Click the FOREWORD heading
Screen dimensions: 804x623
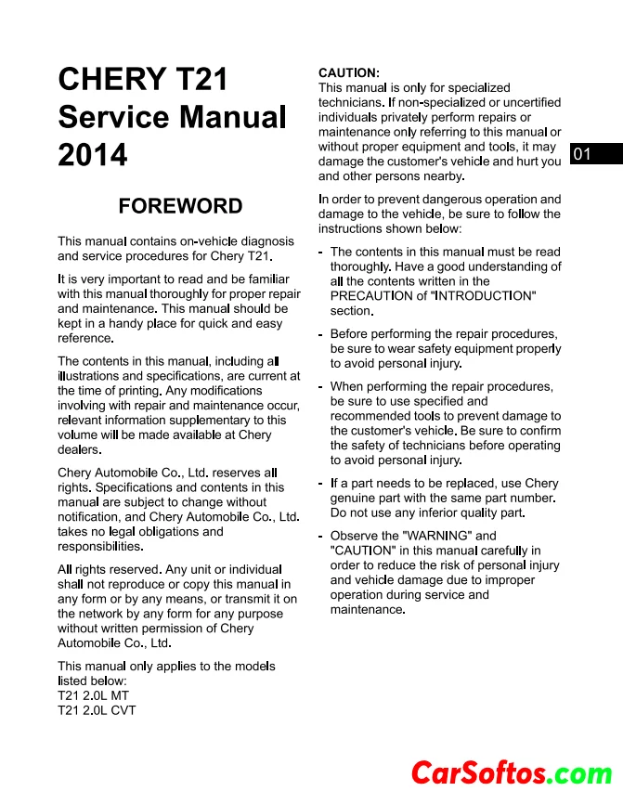(x=180, y=206)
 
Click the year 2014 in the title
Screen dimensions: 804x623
(x=93, y=155)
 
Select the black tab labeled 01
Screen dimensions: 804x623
(x=583, y=154)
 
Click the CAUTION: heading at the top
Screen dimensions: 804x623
(x=348, y=72)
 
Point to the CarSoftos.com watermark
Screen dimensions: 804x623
(x=512, y=772)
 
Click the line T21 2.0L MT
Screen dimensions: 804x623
(x=94, y=695)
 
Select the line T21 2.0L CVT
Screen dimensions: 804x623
(x=97, y=710)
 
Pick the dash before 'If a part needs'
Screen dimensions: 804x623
(x=320, y=484)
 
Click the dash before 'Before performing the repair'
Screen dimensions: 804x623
(x=320, y=334)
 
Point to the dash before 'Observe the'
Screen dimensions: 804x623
(x=320, y=536)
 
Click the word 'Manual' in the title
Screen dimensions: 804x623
(x=233, y=117)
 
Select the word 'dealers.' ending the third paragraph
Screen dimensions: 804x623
(x=79, y=449)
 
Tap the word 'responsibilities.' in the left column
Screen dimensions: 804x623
(x=100, y=546)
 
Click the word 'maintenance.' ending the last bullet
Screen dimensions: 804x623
(x=368, y=610)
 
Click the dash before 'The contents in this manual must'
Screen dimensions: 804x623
(x=320, y=252)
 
